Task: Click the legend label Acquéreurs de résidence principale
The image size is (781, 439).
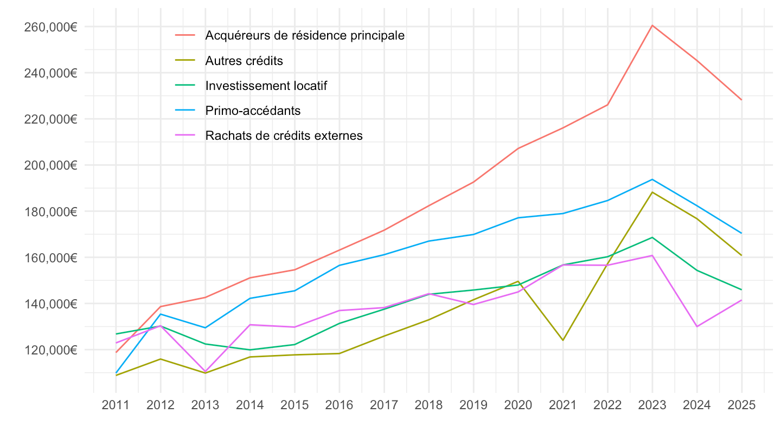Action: click(x=305, y=35)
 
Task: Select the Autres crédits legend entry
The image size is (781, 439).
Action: click(x=244, y=61)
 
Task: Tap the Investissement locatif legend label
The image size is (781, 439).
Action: click(x=266, y=86)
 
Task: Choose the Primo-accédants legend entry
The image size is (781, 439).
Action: click(x=253, y=111)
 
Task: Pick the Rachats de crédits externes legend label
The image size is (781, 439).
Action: click(x=284, y=135)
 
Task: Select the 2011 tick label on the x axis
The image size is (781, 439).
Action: click(x=116, y=405)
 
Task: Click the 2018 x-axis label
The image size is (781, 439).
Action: click(x=428, y=405)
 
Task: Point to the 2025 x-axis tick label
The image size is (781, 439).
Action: click(x=741, y=405)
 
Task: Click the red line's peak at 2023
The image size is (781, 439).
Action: click(x=652, y=25)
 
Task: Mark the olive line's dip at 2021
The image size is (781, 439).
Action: click(x=563, y=340)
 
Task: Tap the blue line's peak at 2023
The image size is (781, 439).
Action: click(x=652, y=179)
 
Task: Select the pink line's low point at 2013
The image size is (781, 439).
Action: click(x=206, y=371)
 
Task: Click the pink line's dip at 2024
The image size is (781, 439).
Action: click(x=697, y=326)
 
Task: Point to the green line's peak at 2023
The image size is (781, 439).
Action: click(x=652, y=237)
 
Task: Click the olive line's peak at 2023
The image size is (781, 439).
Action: click(x=652, y=192)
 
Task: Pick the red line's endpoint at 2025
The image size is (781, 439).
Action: click(x=741, y=100)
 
